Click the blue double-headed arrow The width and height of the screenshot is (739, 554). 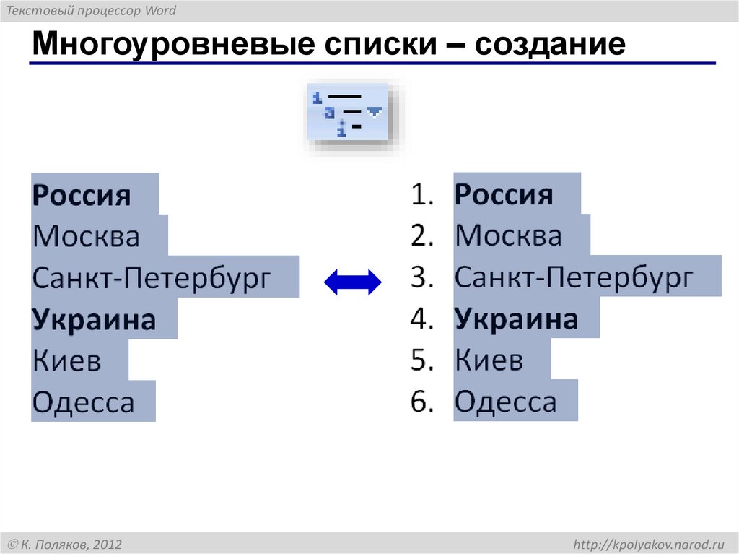[352, 281]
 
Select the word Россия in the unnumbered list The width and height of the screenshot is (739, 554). [82, 195]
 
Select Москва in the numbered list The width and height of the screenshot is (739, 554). [509, 236]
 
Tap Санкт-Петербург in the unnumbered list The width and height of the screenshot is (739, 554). [151, 278]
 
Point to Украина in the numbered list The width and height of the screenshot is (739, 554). [517, 320]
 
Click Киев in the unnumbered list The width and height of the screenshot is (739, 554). [66, 361]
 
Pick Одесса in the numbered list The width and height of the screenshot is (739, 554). [506, 402]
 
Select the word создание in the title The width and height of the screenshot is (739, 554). [551, 45]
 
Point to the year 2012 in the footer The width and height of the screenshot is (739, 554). [107, 544]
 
